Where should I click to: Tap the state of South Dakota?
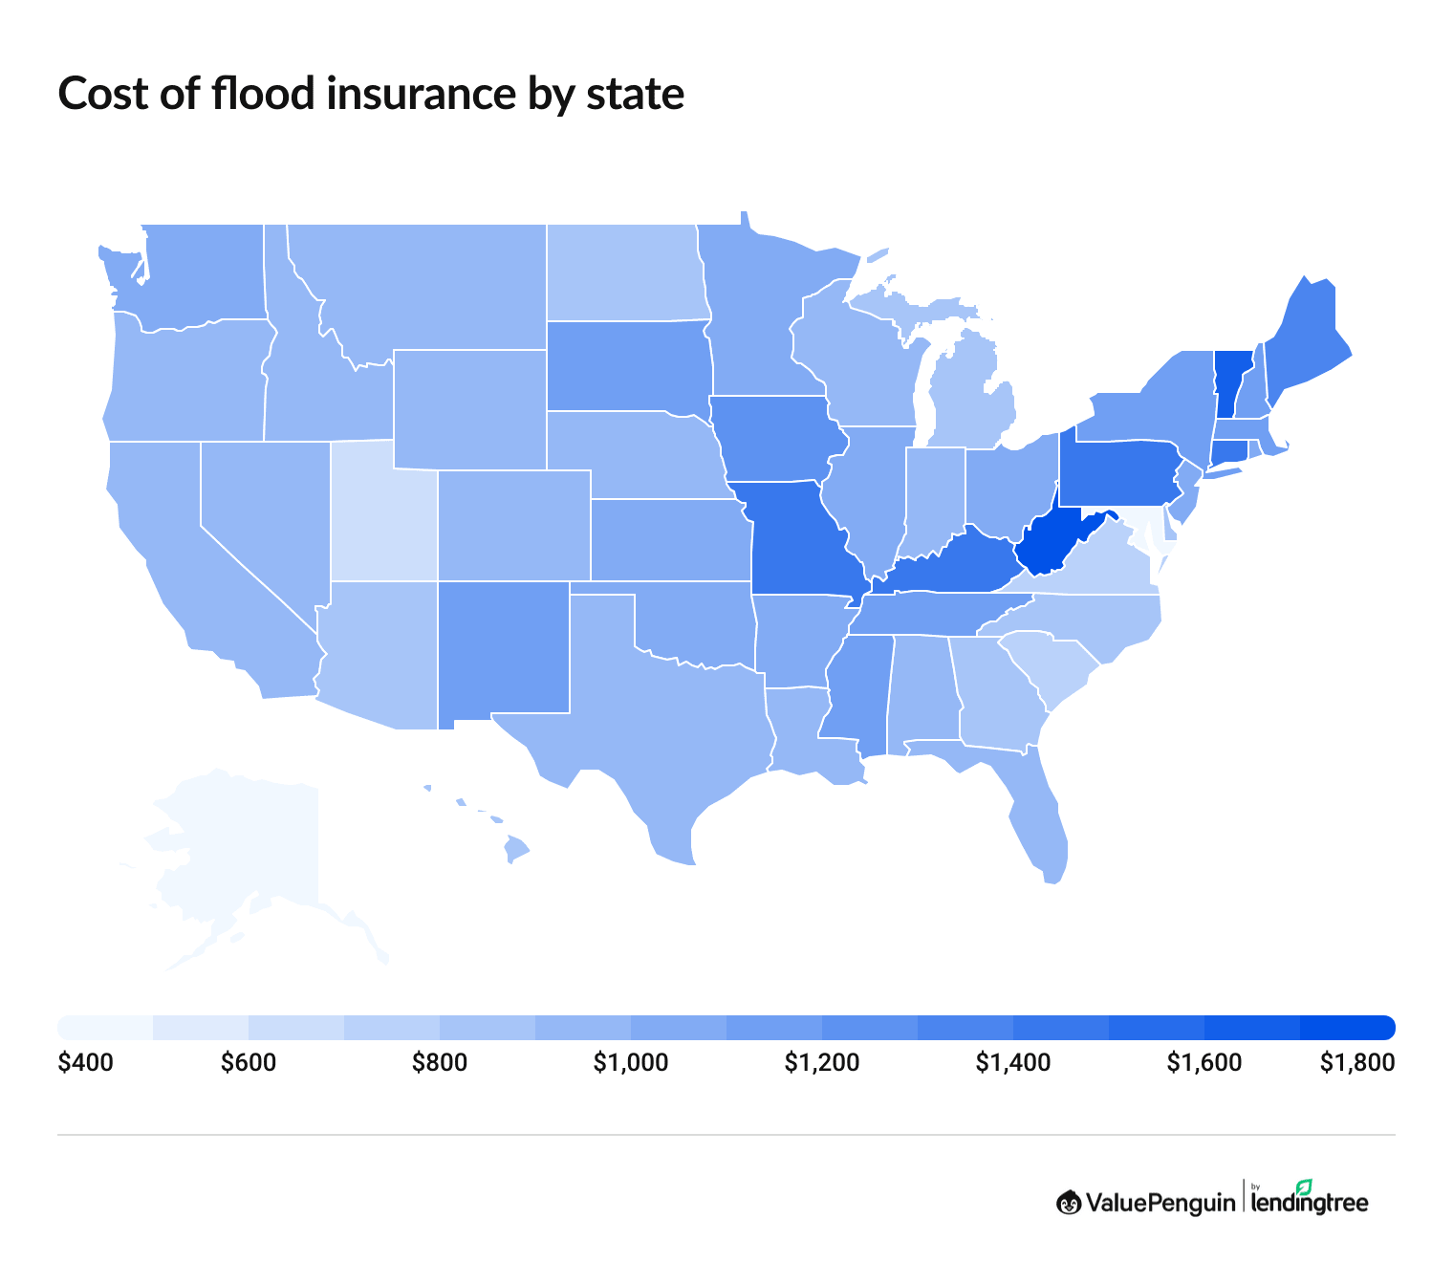(626, 368)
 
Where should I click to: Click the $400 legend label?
(85, 1063)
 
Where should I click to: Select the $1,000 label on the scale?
(630, 1063)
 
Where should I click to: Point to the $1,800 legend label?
(1356, 1063)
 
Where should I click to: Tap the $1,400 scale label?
(1012, 1063)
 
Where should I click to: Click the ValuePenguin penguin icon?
(1069, 1202)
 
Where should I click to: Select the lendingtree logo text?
(1310, 1203)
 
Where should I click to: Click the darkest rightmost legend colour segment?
(1348, 1027)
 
